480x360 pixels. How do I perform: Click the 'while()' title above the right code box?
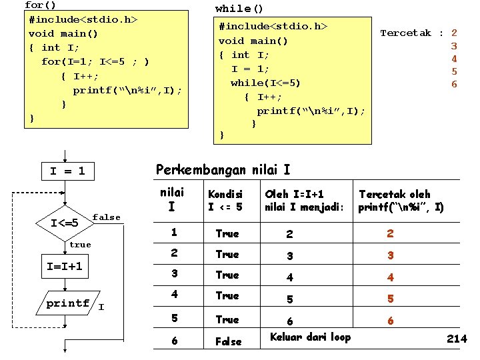(239, 9)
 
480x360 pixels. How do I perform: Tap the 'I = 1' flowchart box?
(67, 171)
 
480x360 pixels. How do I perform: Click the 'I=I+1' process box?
(65, 267)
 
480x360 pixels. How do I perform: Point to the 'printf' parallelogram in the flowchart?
(69, 304)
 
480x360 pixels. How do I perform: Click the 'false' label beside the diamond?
(107, 217)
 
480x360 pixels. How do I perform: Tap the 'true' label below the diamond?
(80, 245)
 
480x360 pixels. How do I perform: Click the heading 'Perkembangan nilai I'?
(223, 170)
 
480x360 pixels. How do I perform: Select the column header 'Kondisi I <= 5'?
(225, 201)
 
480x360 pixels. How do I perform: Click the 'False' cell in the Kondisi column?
(228, 341)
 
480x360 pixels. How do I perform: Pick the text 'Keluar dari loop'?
(310, 337)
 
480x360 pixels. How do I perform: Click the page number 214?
(457, 339)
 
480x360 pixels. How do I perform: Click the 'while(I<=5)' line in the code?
(265, 83)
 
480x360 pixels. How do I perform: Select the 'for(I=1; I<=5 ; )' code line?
(95, 62)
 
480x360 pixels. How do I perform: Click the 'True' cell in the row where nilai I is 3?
(227, 275)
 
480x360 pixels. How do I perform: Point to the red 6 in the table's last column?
(391, 321)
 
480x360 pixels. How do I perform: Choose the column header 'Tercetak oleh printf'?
(401, 201)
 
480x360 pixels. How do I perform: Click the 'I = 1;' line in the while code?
(250, 69)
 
